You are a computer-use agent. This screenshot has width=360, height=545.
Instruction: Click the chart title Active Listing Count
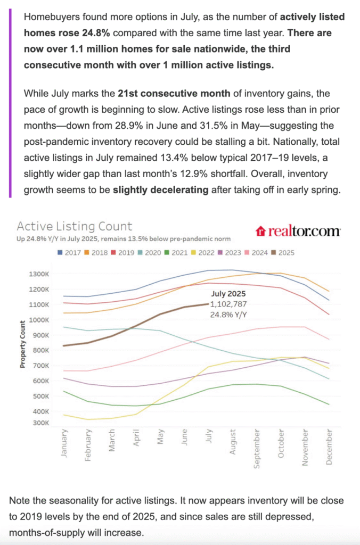pyautogui.click(x=75, y=226)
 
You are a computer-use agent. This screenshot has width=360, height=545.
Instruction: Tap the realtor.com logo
pyautogui.click(x=298, y=231)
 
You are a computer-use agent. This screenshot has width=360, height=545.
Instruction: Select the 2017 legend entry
pyautogui.click(x=69, y=253)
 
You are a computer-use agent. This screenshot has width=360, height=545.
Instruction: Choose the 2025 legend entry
pyautogui.click(x=283, y=253)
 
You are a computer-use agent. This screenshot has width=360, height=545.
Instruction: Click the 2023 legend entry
pyautogui.click(x=230, y=253)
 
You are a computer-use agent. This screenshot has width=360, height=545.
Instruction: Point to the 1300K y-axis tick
pyautogui.click(x=38, y=274)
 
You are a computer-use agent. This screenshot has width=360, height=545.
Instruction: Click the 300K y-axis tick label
pyautogui.click(x=40, y=423)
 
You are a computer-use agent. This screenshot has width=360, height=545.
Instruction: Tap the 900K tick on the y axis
pyautogui.click(x=40, y=335)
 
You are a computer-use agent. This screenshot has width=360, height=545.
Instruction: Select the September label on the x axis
pyautogui.click(x=257, y=449)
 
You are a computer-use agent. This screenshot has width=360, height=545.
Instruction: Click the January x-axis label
pyautogui.click(x=64, y=443)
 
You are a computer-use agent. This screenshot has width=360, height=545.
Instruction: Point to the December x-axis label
pyautogui.click(x=329, y=447)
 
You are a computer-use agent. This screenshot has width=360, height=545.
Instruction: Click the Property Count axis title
pyautogui.click(x=22, y=344)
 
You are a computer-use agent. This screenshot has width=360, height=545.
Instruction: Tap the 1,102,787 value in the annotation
pyautogui.click(x=228, y=304)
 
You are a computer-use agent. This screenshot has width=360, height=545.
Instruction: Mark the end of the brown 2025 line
pyautogui.click(x=209, y=304)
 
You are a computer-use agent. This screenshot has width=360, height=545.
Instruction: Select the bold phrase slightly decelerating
pyautogui.click(x=161, y=190)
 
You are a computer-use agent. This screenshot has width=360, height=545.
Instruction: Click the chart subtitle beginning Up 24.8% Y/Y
pyautogui.click(x=124, y=239)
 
